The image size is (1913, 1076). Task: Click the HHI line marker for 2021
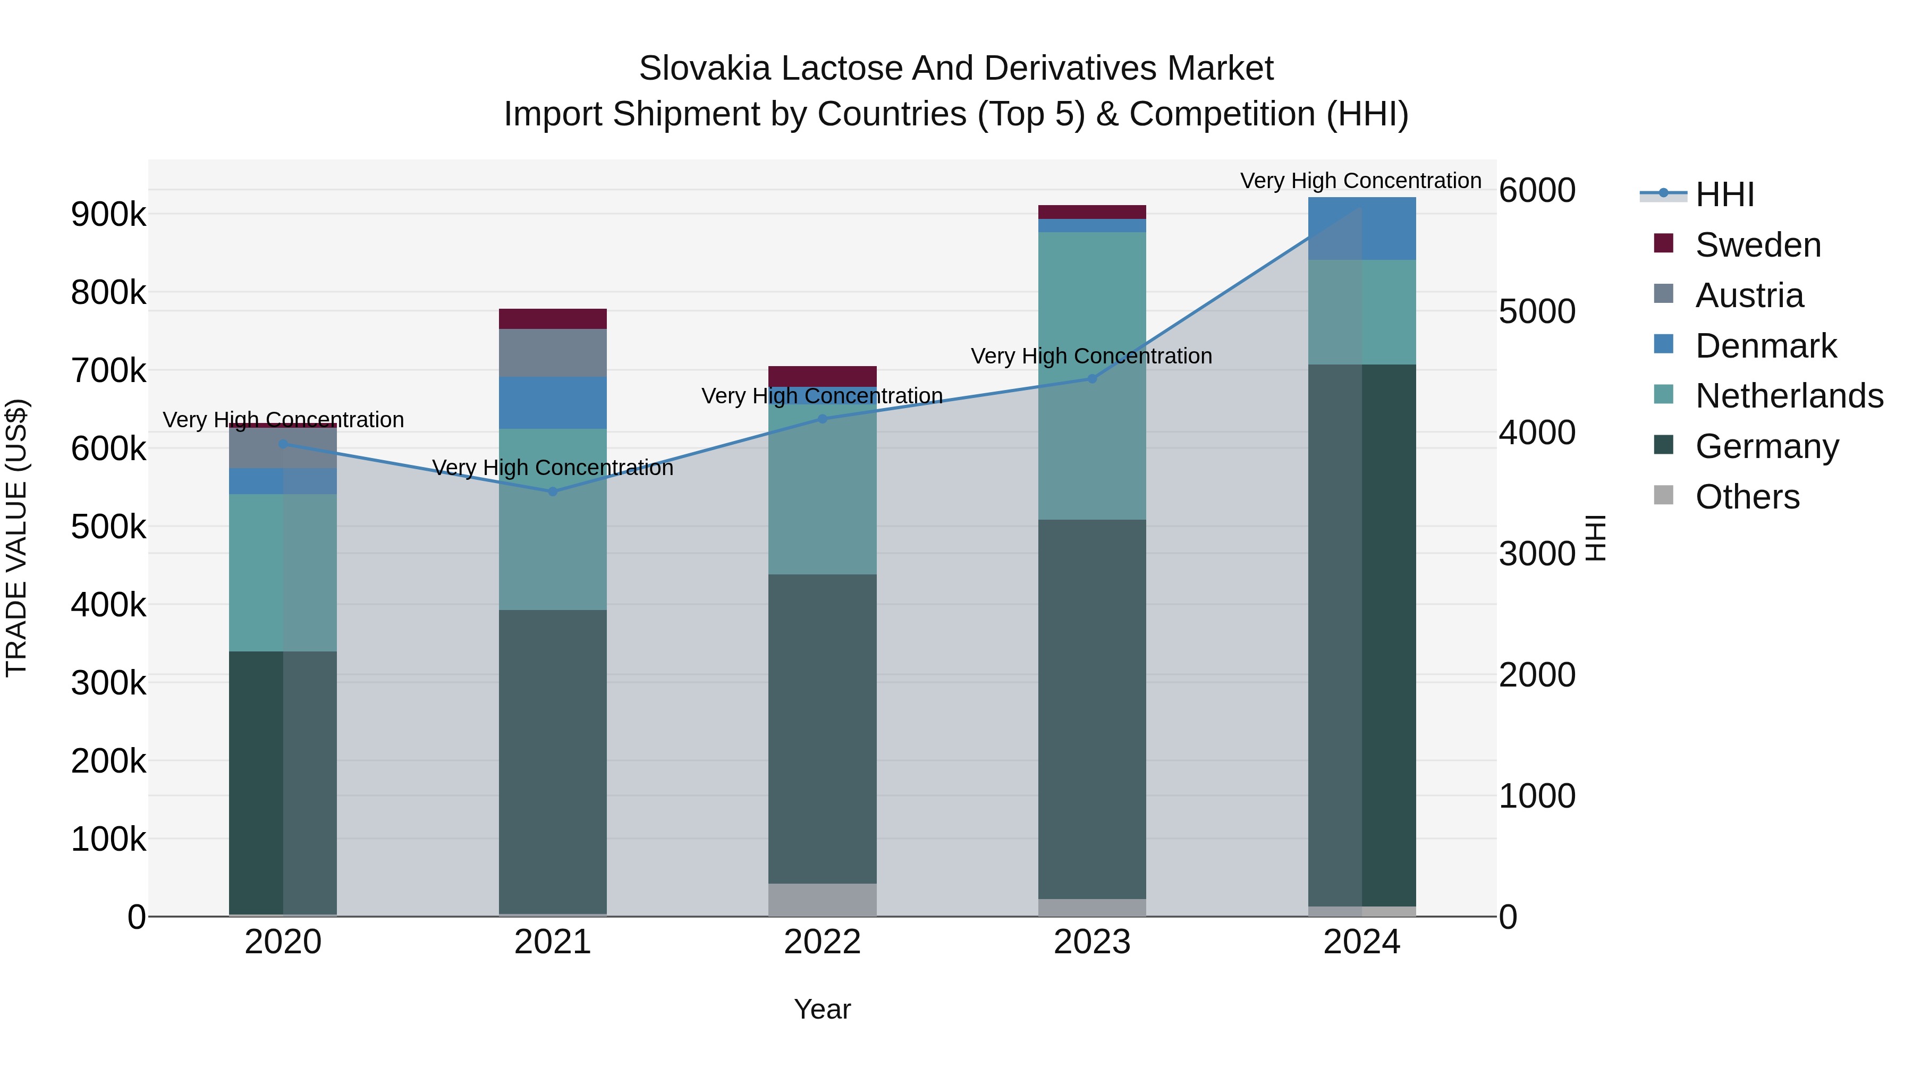point(553,492)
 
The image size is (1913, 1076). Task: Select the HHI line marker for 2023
point(1091,379)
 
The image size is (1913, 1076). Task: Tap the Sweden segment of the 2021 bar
point(553,319)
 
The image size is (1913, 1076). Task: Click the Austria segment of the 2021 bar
point(553,353)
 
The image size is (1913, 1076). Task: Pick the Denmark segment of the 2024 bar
point(1362,228)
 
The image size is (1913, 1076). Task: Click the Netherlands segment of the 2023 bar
point(1091,375)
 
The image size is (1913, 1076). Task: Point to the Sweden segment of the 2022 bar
point(822,376)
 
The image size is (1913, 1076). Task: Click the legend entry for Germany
point(1767,446)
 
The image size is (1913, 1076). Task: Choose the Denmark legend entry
point(1765,346)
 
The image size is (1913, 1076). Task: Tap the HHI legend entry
point(1724,194)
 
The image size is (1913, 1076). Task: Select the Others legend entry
point(1747,497)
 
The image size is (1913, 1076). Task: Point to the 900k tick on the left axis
point(108,215)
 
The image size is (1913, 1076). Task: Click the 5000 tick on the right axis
point(1536,311)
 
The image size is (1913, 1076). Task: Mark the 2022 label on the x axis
point(822,942)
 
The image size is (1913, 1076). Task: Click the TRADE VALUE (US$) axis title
point(16,538)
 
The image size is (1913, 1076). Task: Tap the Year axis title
point(822,1009)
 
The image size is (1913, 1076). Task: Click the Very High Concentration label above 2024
point(1360,181)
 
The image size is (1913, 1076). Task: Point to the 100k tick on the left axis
point(108,839)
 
